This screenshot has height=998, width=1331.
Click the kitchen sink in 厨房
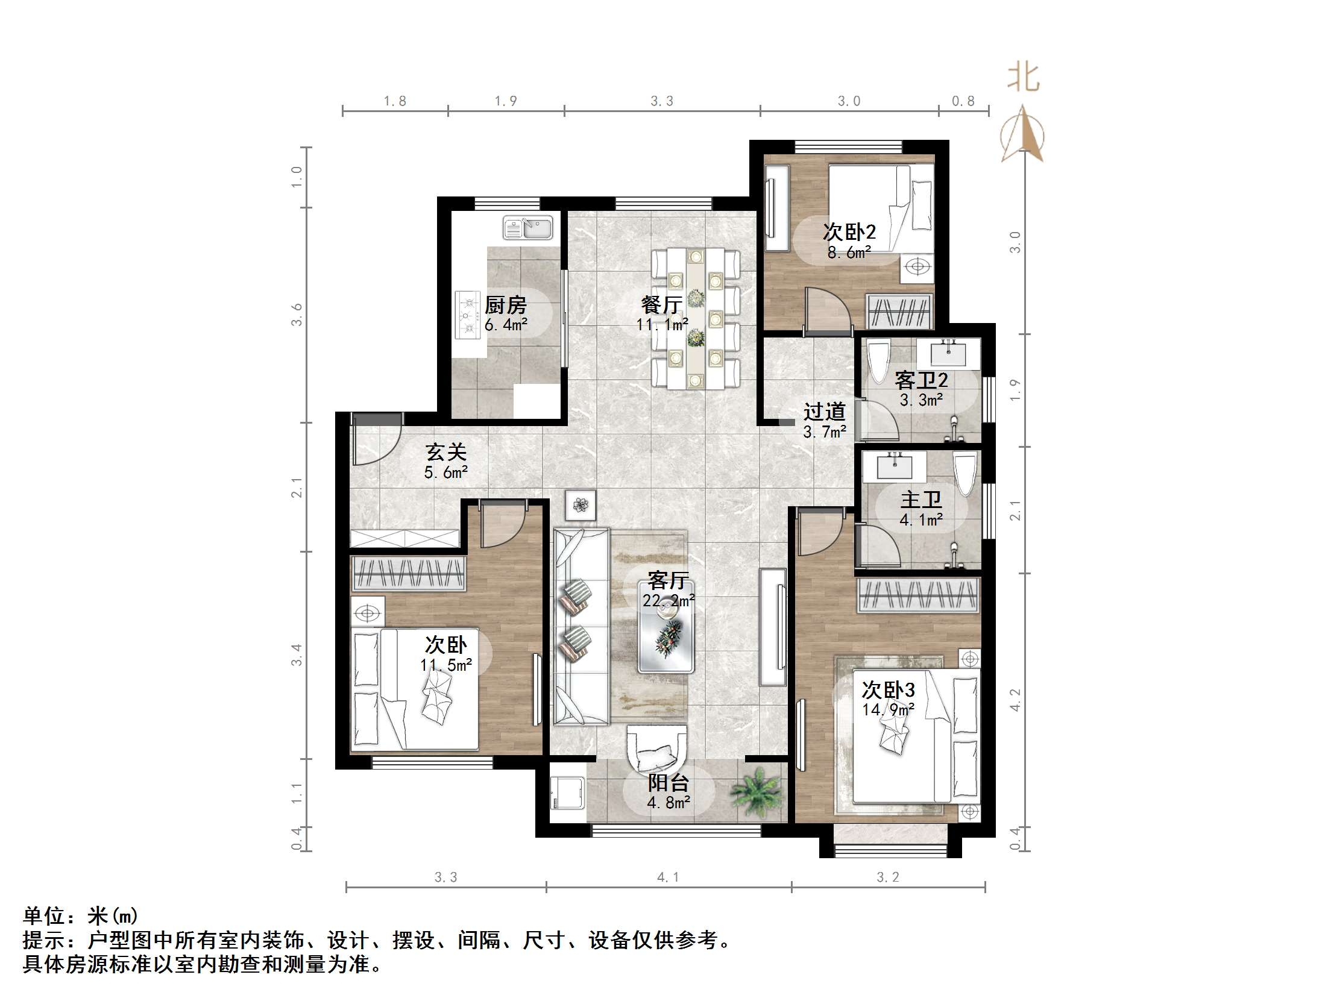(x=527, y=228)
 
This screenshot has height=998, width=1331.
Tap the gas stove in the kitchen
(x=468, y=315)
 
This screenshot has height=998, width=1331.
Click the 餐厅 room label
(x=661, y=304)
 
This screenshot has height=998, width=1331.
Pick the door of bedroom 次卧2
(x=827, y=310)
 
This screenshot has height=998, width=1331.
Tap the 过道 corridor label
(x=824, y=412)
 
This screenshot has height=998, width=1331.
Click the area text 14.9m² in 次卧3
(x=887, y=710)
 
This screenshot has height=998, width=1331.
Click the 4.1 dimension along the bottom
(x=667, y=877)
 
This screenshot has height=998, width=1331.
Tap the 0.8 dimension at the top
(x=963, y=101)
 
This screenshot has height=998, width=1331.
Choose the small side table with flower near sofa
(x=580, y=505)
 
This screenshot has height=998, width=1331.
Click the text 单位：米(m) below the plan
(x=81, y=916)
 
